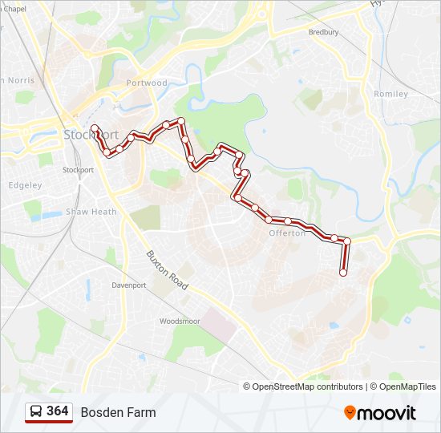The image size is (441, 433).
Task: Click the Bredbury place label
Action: click(324, 32)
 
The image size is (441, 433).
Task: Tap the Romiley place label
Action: click(390, 94)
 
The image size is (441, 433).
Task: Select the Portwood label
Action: click(147, 83)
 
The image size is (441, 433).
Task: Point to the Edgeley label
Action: click(25, 185)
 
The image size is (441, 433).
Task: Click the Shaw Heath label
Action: click(91, 212)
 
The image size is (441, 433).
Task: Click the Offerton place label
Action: click(287, 233)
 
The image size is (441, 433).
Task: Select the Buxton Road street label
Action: click(166, 270)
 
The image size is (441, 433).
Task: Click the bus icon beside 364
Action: click(36, 411)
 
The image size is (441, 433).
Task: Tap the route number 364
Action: click(58, 411)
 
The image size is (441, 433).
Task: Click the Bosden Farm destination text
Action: click(118, 412)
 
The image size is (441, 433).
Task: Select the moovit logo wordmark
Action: click(387, 413)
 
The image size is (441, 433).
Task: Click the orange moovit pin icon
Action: click(350, 413)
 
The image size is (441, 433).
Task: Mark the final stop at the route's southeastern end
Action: click(343, 273)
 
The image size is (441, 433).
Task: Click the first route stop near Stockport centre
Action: click(95, 128)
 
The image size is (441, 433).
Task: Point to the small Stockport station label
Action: click(78, 170)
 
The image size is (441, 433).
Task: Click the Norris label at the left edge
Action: click(18, 80)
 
